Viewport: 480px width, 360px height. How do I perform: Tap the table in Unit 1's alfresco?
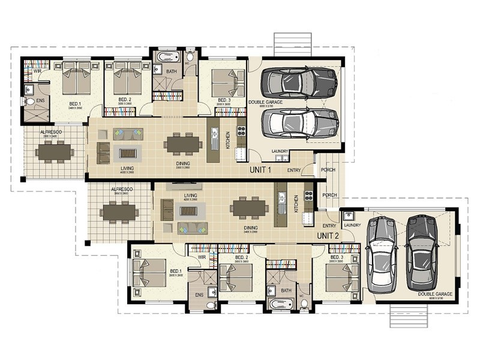(x=55, y=152)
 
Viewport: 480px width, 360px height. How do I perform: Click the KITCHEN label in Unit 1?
(x=228, y=140)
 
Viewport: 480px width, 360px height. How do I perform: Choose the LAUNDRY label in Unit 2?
(x=353, y=225)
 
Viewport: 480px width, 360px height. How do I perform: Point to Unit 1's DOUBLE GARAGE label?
(x=265, y=102)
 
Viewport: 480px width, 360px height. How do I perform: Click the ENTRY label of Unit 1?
(x=294, y=170)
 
